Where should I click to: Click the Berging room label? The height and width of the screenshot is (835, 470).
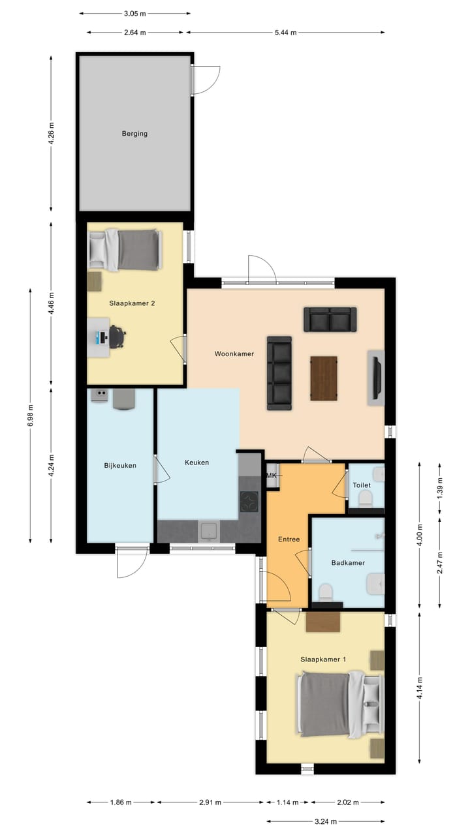coord(134,134)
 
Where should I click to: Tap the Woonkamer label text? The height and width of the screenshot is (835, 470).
coord(234,354)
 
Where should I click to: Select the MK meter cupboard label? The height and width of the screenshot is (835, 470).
coord(272,476)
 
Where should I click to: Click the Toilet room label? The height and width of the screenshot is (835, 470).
coord(362,485)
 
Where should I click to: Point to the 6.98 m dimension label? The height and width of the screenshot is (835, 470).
coord(30,416)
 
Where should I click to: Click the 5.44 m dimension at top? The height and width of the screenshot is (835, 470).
coord(285,32)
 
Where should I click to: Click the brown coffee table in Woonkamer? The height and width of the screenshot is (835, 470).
coord(324,378)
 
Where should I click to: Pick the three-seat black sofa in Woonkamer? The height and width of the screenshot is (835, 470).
coord(279,373)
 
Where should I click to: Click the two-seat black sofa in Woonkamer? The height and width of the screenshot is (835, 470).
coord(330,320)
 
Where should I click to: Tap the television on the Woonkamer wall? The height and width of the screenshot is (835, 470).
coord(376,378)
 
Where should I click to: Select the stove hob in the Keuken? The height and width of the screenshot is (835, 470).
coord(249,501)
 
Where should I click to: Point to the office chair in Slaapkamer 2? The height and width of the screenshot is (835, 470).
coord(117,337)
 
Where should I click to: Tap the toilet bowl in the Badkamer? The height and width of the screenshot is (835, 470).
coord(324,592)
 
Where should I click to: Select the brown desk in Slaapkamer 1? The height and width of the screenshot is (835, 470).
coord(323,622)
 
